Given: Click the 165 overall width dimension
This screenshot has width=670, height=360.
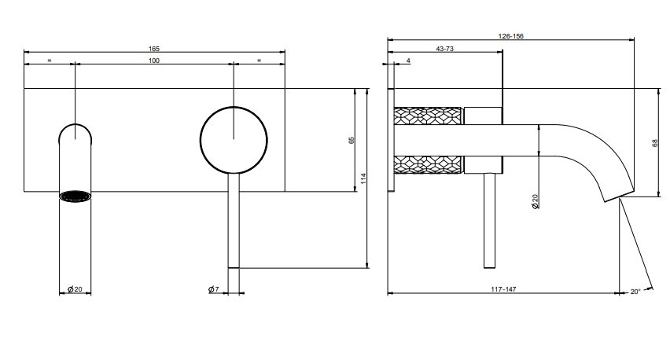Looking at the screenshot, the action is click(x=154, y=49).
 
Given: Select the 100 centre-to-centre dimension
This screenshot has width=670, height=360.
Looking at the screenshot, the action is click(x=154, y=61).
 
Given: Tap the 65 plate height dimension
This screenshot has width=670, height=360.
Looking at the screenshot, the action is click(x=352, y=140).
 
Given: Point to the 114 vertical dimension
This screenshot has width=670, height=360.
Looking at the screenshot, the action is click(x=363, y=178).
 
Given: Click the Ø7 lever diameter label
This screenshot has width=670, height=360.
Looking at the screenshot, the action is click(x=214, y=289).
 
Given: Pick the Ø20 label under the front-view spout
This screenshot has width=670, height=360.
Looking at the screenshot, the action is click(x=75, y=289).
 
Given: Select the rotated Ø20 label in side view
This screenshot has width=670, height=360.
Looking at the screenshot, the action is click(x=535, y=201).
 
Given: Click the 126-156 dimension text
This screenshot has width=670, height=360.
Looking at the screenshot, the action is click(x=510, y=36).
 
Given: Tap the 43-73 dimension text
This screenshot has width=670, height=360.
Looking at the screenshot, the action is click(x=444, y=49).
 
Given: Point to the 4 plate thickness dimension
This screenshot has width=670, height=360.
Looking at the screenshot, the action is click(x=408, y=61).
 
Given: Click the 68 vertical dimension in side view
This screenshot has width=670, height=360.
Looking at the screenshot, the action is click(x=655, y=143).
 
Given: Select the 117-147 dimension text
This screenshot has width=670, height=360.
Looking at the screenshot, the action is click(x=503, y=289).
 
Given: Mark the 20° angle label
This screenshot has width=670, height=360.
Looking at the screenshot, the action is click(x=635, y=292).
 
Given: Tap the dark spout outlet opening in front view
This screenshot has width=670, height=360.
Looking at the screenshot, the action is click(x=75, y=196).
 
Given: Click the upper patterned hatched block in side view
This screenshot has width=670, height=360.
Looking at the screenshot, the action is click(x=428, y=116).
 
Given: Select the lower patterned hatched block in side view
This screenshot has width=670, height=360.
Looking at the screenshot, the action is click(x=428, y=165).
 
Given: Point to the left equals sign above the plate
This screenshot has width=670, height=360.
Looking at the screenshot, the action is click(x=49, y=61).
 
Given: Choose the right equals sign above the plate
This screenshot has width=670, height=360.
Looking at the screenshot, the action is click(x=259, y=61).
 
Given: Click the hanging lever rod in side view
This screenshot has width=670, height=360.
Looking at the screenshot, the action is click(x=489, y=221).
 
